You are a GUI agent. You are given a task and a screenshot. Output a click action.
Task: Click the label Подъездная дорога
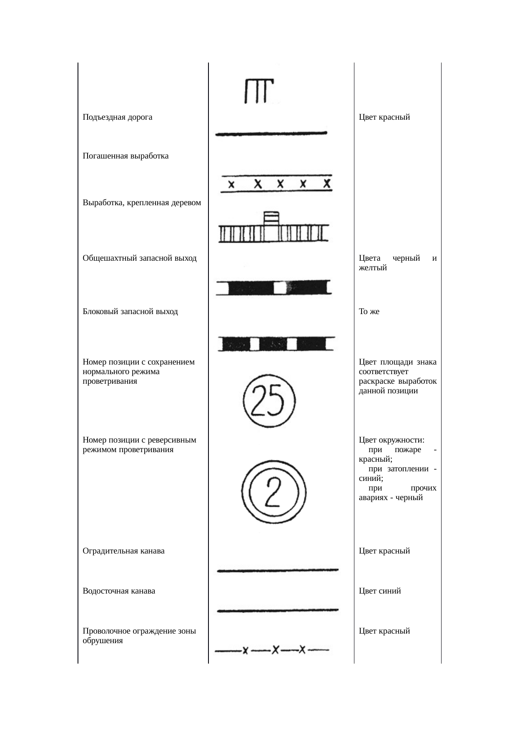(117, 117)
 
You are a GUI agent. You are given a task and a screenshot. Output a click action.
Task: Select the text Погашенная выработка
(125, 156)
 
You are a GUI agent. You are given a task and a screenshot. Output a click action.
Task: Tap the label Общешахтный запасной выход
(139, 258)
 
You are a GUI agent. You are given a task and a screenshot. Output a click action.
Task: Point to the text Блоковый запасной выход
(130, 312)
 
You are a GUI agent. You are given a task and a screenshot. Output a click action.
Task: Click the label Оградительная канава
(123, 551)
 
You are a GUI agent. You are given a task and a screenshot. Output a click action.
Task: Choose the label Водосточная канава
(119, 591)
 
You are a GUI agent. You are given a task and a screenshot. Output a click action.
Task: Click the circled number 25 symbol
(269, 400)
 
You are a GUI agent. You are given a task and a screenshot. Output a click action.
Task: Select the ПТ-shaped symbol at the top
(258, 91)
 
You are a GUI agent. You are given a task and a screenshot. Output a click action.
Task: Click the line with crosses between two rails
(276, 184)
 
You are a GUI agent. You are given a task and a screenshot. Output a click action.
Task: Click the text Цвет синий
(379, 591)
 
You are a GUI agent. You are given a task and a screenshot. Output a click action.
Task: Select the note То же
(369, 312)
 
